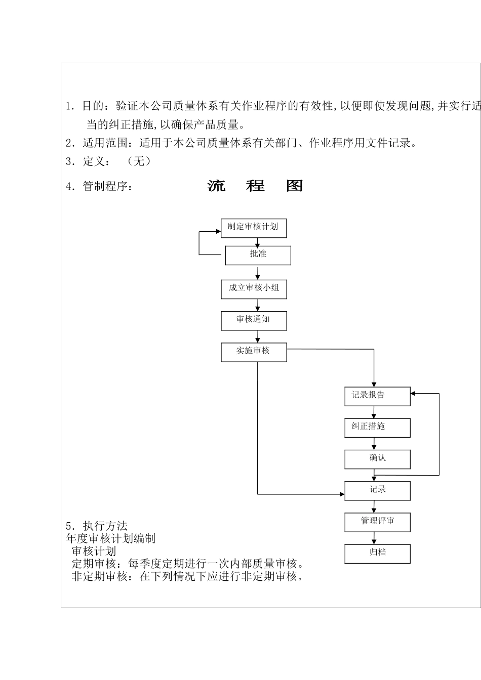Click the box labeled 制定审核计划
coord(254,228)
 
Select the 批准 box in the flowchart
coord(258,255)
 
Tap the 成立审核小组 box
coord(254,289)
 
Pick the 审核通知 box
coord(254,320)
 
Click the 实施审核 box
coord(254,352)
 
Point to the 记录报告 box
coord(377,396)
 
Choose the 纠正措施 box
coord(377,428)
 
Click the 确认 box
coord(377,459)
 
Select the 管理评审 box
coord(377,522)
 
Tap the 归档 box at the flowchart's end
coord(377,554)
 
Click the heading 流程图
coord(255,186)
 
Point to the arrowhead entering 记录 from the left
coord(342,493)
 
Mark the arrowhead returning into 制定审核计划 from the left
coord(218,232)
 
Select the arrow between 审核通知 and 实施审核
coord(258,336)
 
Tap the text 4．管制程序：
coord(100,187)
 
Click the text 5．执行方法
coord(97,526)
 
